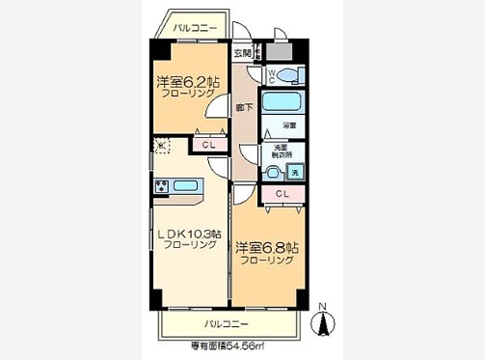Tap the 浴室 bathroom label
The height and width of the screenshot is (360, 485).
pos(288,126)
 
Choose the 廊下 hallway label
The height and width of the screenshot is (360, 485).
pos(245,107)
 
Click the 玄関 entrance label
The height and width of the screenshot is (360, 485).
pos(242,54)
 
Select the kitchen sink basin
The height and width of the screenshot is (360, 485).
pos(185,185)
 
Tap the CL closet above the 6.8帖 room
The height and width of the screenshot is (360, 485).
pos(282,195)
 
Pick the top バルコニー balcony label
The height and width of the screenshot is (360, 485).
pos(193,29)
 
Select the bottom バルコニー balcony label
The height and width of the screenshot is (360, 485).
pos(226,322)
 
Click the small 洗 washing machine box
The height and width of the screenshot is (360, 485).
pos(295,172)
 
